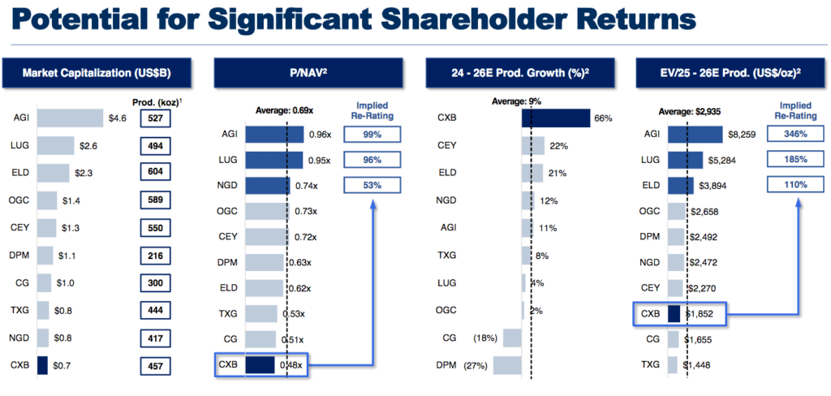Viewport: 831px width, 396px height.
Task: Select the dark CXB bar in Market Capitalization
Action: click(x=42, y=365)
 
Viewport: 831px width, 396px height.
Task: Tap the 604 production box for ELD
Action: click(x=154, y=172)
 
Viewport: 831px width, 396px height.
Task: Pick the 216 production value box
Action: click(x=154, y=256)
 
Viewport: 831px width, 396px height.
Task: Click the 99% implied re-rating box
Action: click(x=372, y=135)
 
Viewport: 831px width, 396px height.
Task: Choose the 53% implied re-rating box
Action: click(x=372, y=186)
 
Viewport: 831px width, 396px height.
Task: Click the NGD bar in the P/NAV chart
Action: click(x=267, y=186)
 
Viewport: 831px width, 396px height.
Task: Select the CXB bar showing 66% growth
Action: click(x=556, y=118)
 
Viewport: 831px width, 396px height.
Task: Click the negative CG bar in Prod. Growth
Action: click(x=512, y=338)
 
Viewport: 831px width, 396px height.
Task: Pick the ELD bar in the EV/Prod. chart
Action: click(x=681, y=186)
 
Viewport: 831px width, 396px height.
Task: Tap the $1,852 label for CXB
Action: click(x=700, y=313)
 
